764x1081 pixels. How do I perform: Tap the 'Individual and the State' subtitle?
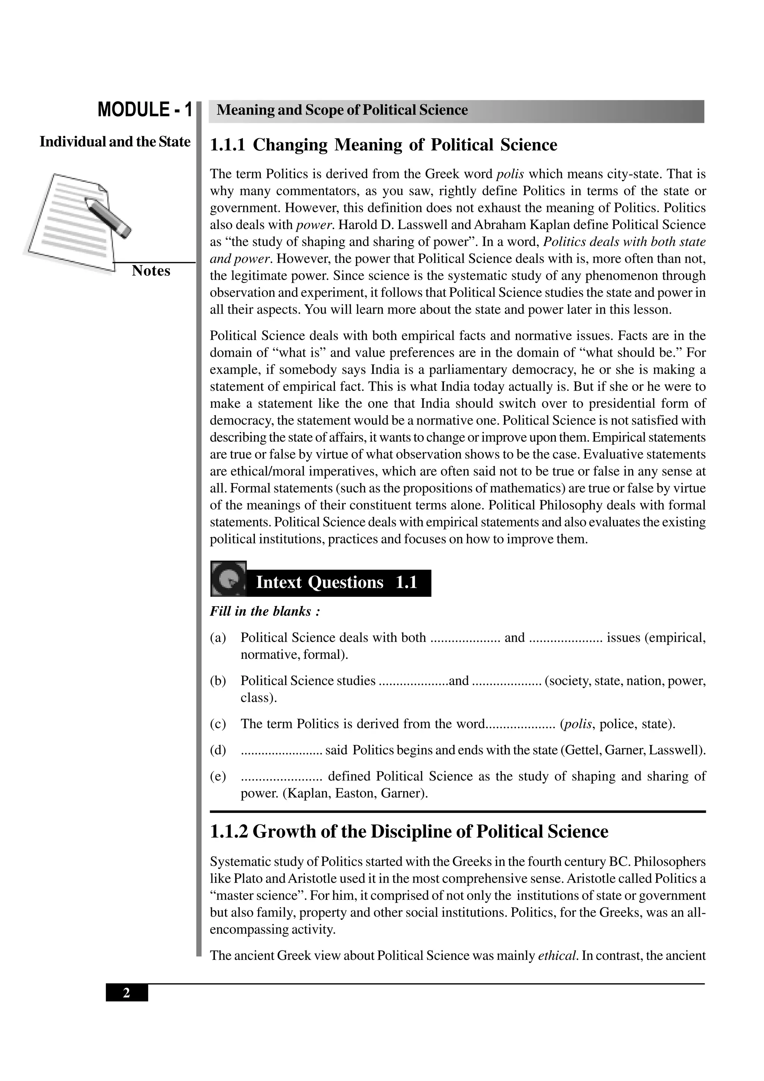pyautogui.click(x=115, y=142)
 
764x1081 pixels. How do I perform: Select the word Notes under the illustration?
pyautogui.click(x=151, y=271)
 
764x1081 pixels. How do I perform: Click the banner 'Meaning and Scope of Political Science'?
pyautogui.click(x=342, y=110)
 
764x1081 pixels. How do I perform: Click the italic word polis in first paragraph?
pyautogui.click(x=510, y=174)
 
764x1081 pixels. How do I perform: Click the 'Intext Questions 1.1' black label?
pyautogui.click(x=337, y=583)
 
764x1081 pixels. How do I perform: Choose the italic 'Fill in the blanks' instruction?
pyautogui.click(x=264, y=612)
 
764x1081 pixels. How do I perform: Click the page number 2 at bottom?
pyautogui.click(x=126, y=993)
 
